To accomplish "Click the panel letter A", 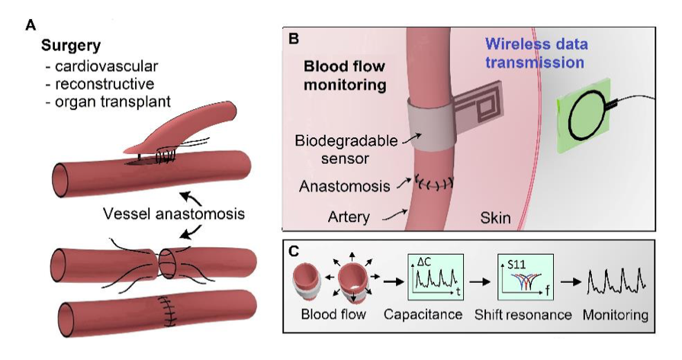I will click(31, 24).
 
